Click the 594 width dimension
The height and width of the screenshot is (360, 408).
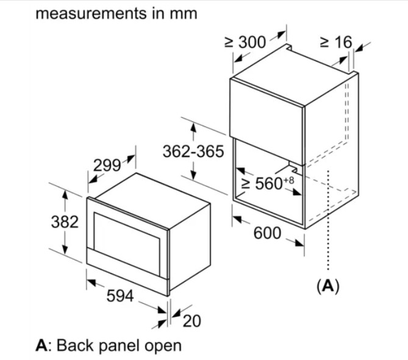[x=120, y=297]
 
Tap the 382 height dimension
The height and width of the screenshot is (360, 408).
[x=64, y=222]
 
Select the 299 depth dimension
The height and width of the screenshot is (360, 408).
[x=107, y=165]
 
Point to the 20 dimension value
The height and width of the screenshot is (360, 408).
[x=191, y=321]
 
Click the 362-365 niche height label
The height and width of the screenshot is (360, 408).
[x=193, y=152]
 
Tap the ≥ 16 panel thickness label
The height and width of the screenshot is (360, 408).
[x=335, y=42]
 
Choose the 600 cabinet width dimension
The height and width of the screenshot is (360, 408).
[x=267, y=233]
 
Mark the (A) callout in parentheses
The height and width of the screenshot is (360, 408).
[x=327, y=285]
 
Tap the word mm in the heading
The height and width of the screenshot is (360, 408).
[x=185, y=13]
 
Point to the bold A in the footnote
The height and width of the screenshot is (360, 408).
[x=41, y=345]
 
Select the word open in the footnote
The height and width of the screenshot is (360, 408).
[x=163, y=347]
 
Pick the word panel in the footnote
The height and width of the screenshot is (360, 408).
[x=121, y=346]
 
